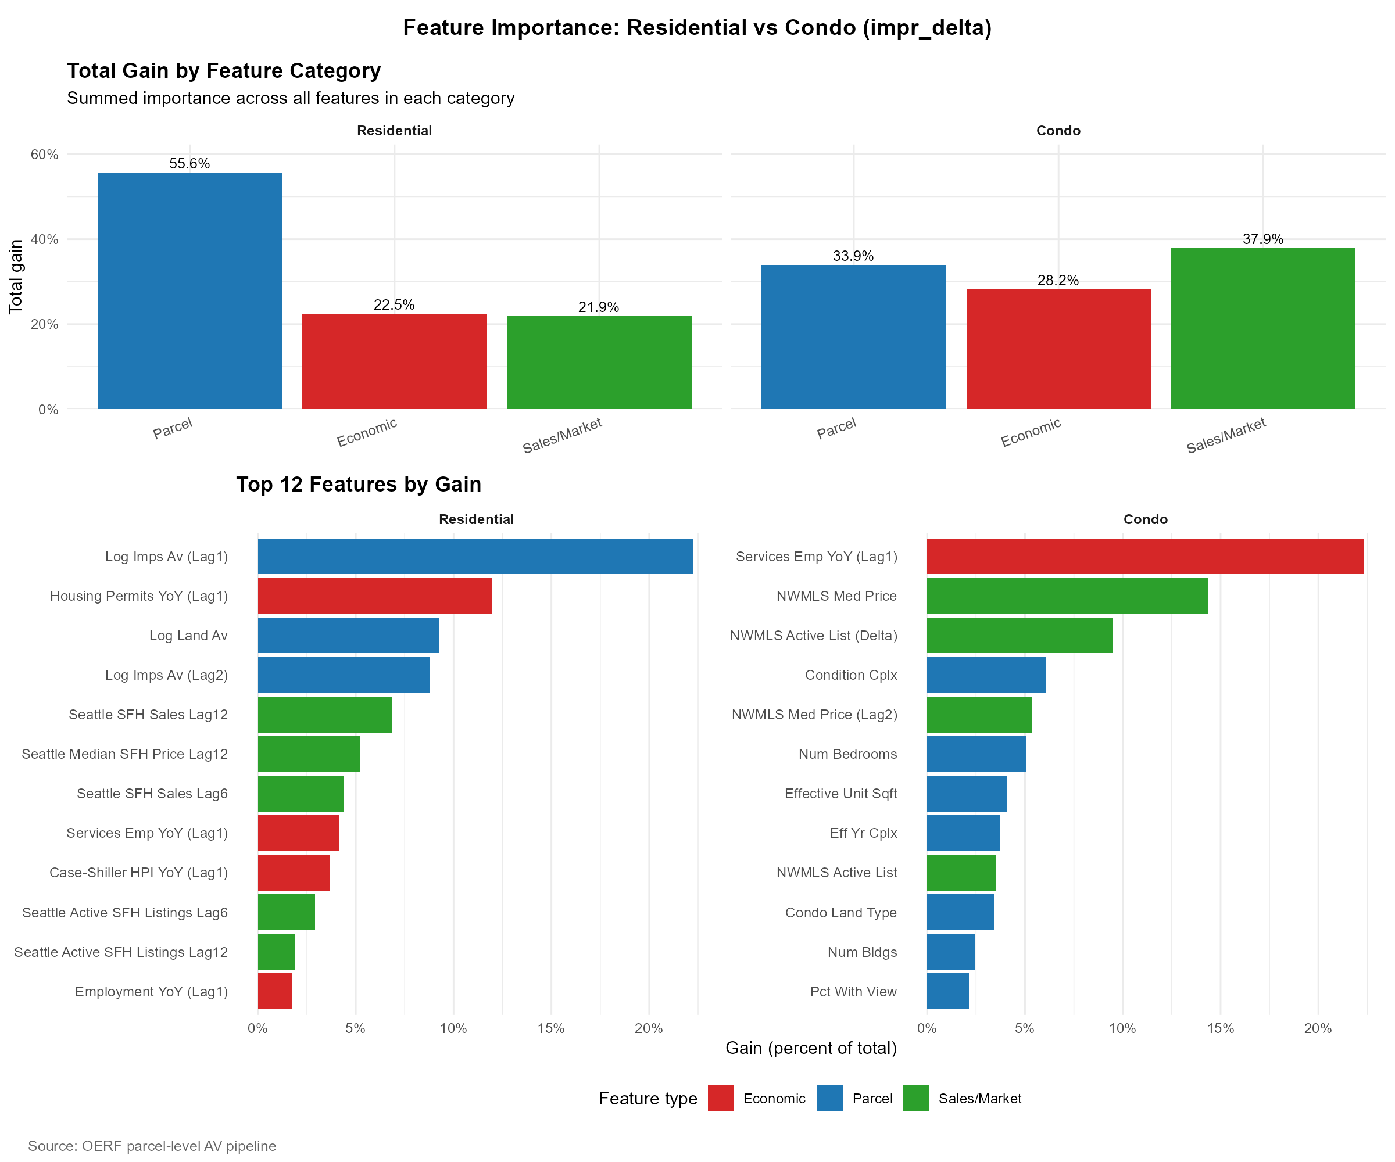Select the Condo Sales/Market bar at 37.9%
[x=1263, y=328]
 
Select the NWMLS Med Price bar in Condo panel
[x=1067, y=596]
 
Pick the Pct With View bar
[x=947, y=991]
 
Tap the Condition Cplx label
[x=850, y=675]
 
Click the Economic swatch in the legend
[x=721, y=1098]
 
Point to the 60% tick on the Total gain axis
[x=45, y=155]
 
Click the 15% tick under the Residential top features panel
[x=550, y=1028]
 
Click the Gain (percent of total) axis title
[x=810, y=1048]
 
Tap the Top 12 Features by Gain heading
[x=359, y=484]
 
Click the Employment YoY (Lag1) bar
[x=274, y=991]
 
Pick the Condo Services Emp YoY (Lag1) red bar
[x=1144, y=556]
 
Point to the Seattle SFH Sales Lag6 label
[x=152, y=794]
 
